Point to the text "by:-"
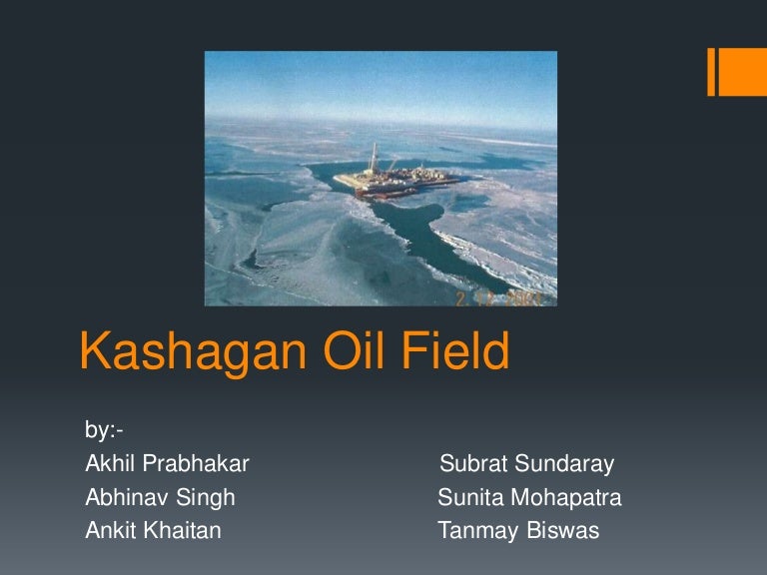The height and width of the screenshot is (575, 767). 104,431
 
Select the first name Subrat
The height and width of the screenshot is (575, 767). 471,464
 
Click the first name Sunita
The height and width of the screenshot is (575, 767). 468,497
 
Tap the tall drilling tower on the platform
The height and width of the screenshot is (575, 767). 375,157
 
